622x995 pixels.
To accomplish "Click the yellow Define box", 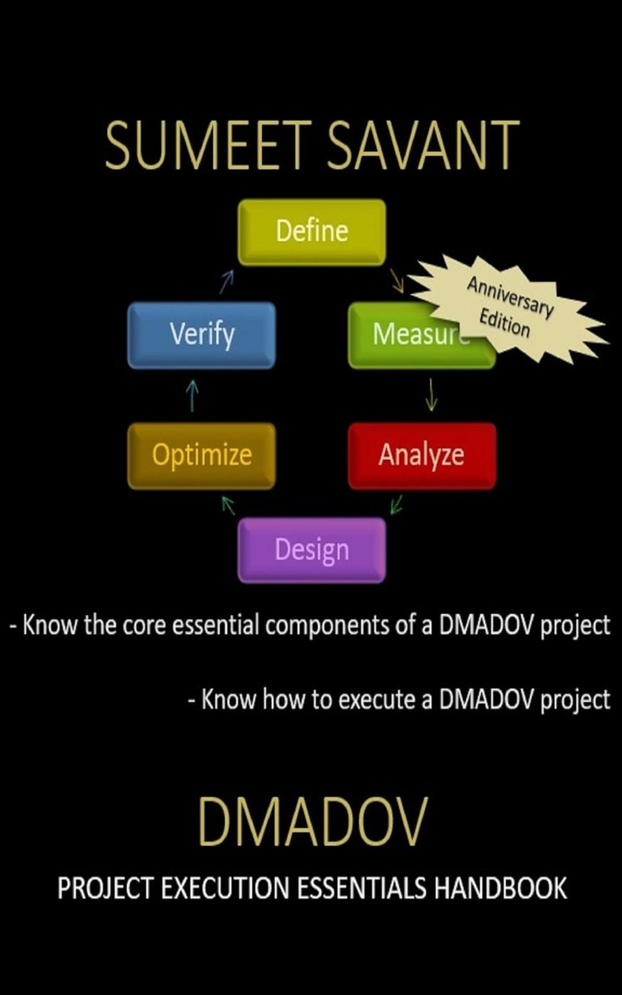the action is click(x=312, y=233).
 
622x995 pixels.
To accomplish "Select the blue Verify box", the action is click(x=202, y=335).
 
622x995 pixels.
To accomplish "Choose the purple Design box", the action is click(x=312, y=550).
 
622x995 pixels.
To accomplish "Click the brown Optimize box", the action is click(x=202, y=455).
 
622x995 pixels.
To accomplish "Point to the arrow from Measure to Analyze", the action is click(x=431, y=394).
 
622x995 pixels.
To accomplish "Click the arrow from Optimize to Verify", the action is click(x=192, y=396).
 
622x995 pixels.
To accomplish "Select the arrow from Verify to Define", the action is click(x=226, y=282).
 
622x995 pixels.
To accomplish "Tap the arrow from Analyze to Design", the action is click(x=396, y=504).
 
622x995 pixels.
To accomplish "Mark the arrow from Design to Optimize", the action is click(x=228, y=506).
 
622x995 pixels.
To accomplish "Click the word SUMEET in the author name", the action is click(x=209, y=146).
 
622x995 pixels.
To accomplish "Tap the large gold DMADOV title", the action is click(x=313, y=821).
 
